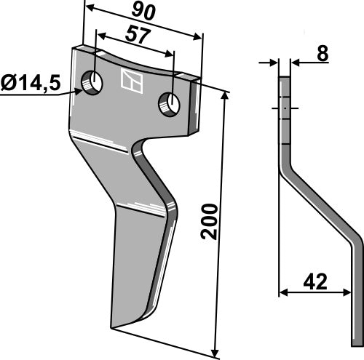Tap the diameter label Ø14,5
tap(30, 83)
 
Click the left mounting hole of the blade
tap(92, 82)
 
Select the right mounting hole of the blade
tap(170, 103)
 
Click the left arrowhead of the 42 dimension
tap(285, 293)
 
